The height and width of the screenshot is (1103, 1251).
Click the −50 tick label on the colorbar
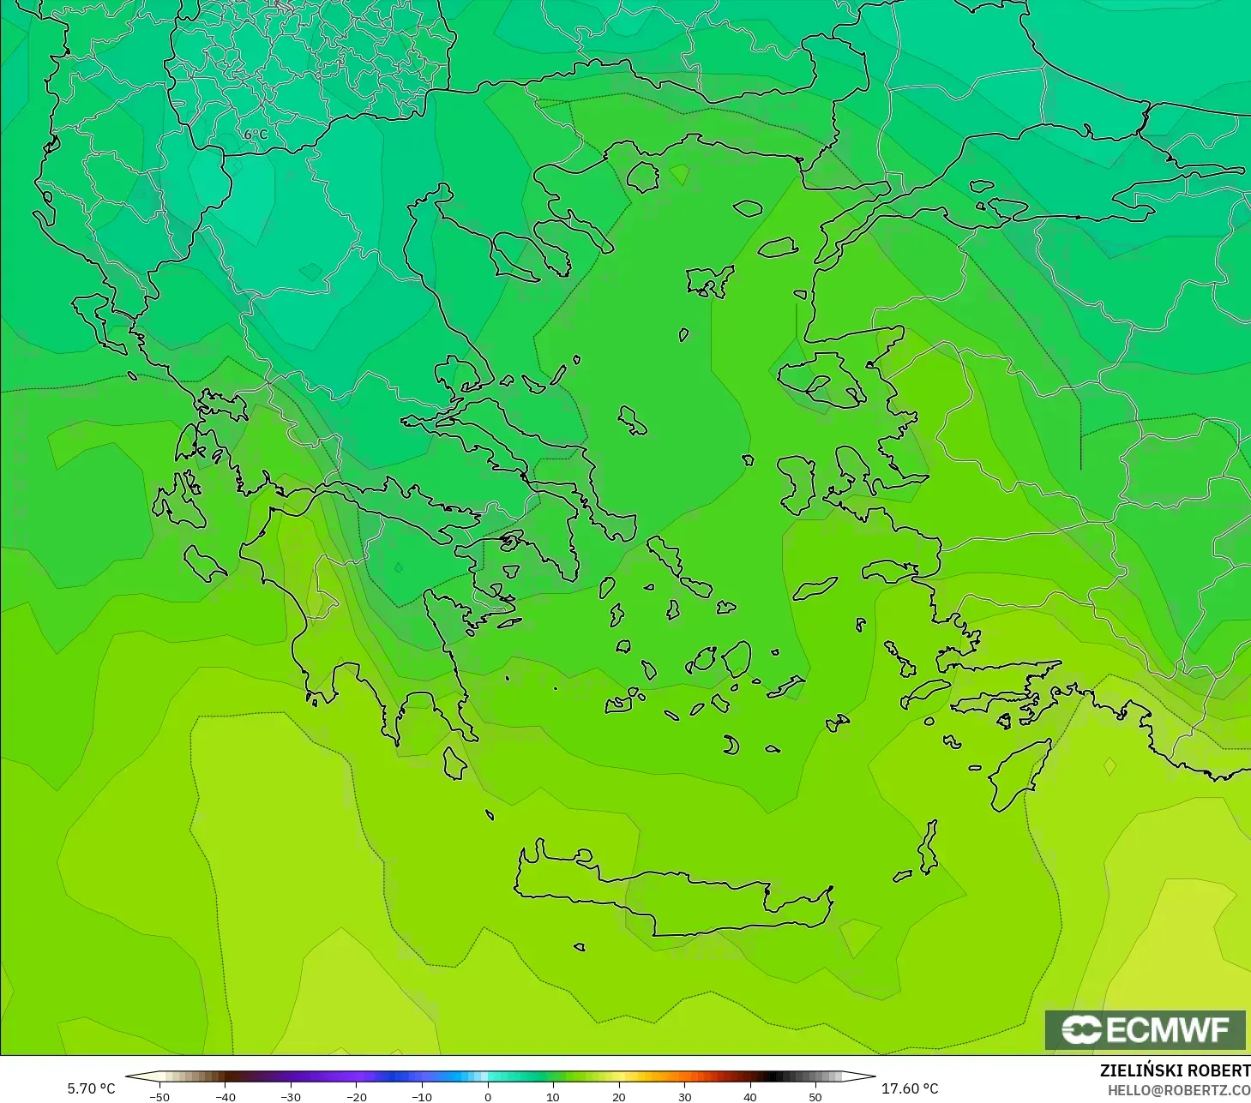159,1096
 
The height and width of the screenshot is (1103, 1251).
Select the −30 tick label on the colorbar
291,1096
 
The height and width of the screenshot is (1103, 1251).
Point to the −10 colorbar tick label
422,1096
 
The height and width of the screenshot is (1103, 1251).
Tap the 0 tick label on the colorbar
488,1096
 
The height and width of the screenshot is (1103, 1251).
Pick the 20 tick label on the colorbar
619,1096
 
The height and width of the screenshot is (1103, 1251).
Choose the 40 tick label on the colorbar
750,1096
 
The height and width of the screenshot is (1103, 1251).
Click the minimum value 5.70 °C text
91,1088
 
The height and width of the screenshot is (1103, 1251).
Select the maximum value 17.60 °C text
910,1088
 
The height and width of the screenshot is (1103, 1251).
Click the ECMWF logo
1146,1029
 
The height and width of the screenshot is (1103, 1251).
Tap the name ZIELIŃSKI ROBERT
1175,1070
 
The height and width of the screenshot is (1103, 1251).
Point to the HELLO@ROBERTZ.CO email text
1179,1090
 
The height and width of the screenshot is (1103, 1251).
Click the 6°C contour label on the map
256,135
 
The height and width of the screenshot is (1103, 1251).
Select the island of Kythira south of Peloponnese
454,763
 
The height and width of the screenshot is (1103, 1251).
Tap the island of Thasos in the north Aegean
642,177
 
